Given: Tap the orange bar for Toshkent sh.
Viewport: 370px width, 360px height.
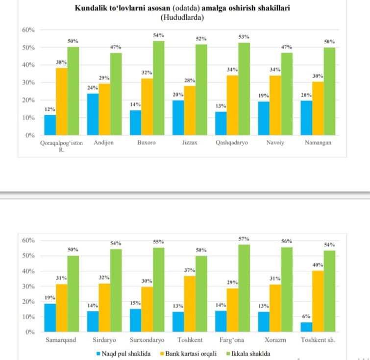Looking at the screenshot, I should click(x=318, y=301).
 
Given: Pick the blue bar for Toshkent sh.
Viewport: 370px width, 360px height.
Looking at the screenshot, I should click(x=306, y=327).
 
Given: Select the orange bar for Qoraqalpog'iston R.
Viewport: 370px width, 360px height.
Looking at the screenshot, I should click(x=62, y=102).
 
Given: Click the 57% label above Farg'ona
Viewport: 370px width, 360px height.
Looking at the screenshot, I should click(x=244, y=238).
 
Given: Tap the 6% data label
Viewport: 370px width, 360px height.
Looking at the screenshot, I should click(x=306, y=316).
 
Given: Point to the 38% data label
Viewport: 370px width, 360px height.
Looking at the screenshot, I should click(x=62, y=62).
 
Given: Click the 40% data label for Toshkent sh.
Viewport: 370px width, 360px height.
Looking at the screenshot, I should click(x=318, y=265).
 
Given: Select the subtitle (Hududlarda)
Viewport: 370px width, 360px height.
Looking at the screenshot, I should click(x=182, y=18).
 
